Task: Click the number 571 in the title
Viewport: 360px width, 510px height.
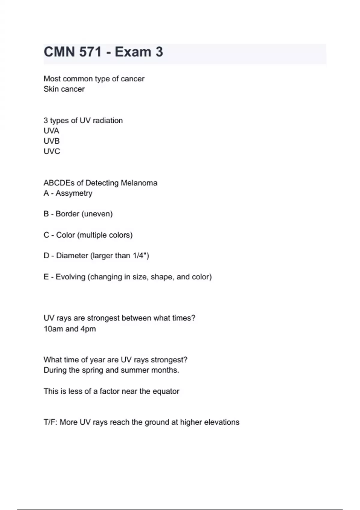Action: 91,52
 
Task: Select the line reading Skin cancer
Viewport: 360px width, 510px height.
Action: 64,89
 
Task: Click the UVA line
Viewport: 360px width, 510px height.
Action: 51,131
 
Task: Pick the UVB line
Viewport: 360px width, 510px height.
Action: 52,141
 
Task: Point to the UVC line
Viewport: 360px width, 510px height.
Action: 52,151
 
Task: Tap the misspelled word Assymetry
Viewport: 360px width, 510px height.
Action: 74,193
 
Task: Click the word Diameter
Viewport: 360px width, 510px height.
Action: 72,256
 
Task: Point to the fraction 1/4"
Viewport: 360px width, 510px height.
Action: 141,256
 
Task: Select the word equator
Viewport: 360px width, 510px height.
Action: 166,391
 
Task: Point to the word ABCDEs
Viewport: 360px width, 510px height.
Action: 59,183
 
